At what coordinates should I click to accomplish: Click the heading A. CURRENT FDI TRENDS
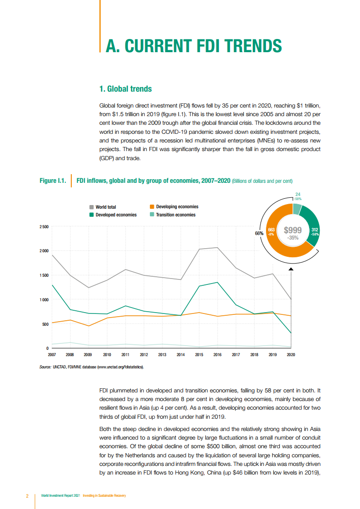click(x=193, y=46)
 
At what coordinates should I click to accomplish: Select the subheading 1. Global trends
click(x=125, y=88)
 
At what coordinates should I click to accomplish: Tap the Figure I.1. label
click(x=53, y=181)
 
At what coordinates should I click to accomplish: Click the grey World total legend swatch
click(x=91, y=207)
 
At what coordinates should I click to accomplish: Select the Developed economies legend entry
click(x=116, y=215)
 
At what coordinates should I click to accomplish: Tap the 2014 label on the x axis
click(x=181, y=355)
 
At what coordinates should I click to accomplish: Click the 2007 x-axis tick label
click(x=52, y=355)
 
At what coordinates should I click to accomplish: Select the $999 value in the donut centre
click(x=293, y=230)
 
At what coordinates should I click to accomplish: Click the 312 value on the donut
click(x=315, y=230)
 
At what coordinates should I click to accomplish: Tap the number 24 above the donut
click(x=298, y=194)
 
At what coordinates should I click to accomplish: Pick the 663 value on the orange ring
click(x=271, y=230)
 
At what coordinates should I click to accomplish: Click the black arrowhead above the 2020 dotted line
click(x=291, y=269)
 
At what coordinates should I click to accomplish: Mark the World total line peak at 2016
click(x=217, y=248)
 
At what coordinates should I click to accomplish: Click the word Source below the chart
click(x=45, y=367)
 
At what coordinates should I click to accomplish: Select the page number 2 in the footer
click(x=27, y=495)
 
